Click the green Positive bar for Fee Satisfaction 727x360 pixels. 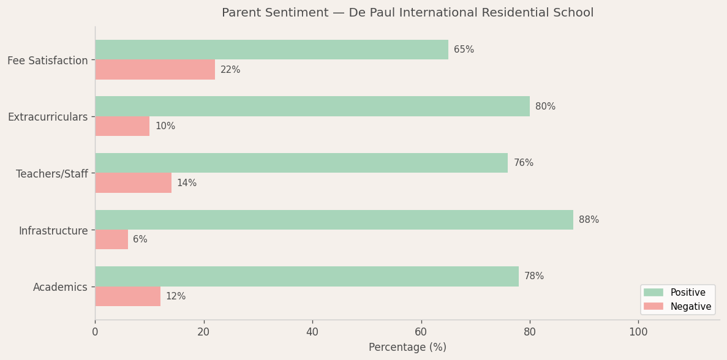coord(271,50)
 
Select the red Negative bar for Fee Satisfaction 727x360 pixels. coord(155,70)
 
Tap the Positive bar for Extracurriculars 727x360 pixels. coord(312,107)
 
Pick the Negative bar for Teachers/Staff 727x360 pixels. coord(133,183)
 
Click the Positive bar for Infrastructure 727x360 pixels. coord(334,220)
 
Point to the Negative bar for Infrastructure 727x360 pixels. coord(111,239)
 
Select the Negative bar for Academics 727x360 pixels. coord(127,296)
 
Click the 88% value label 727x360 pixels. coord(589,220)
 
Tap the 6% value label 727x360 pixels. coord(140,239)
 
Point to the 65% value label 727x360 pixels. coord(464,50)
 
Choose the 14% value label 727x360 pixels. coord(187,183)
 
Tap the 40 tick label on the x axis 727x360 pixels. coord(312,332)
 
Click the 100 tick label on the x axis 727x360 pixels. coord(638,332)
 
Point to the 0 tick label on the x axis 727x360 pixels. coord(95,332)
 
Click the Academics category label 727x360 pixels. coord(60,287)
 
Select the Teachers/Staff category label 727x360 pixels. coord(52,174)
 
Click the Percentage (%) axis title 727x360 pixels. coord(407,348)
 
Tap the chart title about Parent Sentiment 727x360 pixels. coord(407,13)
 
